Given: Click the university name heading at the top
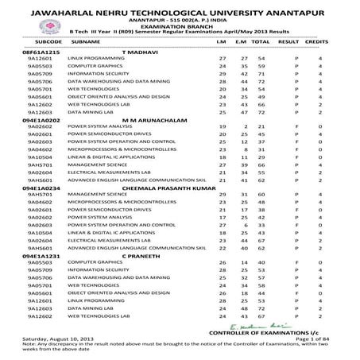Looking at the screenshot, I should pyautogui.click(x=180, y=9).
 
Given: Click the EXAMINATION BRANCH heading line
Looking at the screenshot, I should pyautogui.click(x=180, y=25).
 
